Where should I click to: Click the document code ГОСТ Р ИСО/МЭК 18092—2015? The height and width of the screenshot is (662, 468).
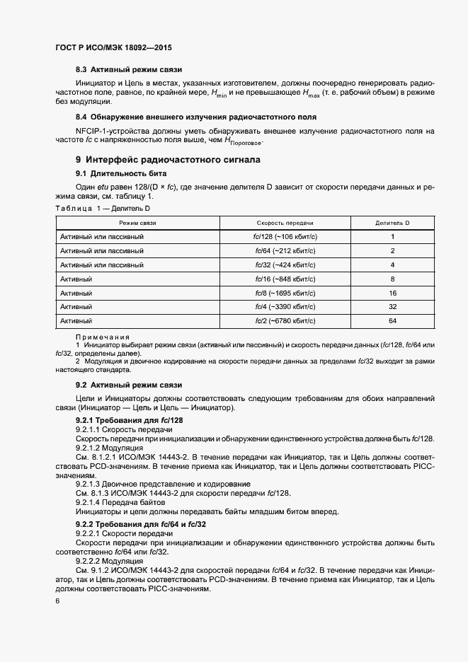(x=113, y=47)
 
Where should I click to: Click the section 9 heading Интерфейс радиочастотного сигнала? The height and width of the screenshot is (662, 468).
(x=168, y=160)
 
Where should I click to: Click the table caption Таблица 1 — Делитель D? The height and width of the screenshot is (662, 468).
(x=103, y=209)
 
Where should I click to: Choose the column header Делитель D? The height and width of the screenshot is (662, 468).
(x=392, y=223)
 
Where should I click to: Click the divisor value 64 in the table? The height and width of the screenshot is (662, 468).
(x=392, y=321)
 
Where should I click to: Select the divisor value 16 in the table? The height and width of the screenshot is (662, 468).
(x=392, y=293)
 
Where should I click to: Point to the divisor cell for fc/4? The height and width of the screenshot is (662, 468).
(x=392, y=307)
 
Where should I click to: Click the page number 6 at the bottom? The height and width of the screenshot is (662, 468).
(x=57, y=602)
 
